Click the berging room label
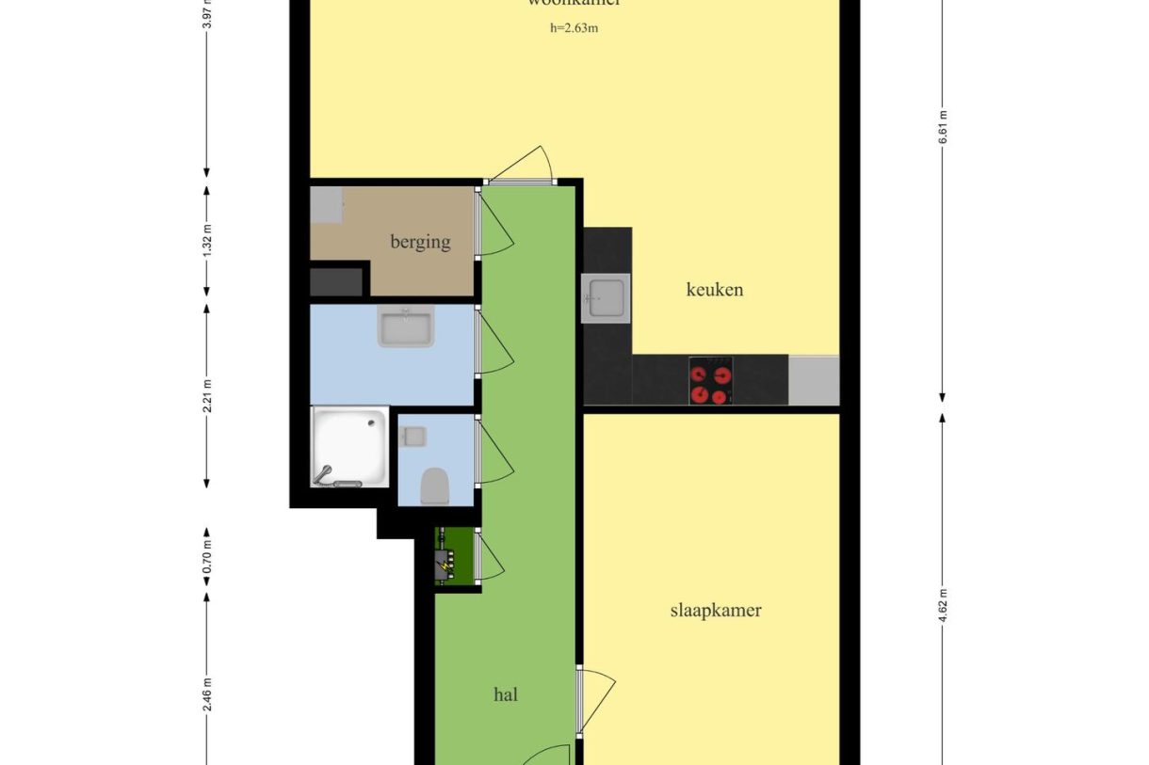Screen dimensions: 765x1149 point(420,242)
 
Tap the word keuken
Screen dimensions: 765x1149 point(715,290)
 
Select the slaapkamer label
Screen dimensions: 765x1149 point(716,610)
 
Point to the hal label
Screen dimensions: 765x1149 point(506,695)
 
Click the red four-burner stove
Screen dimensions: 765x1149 point(711,380)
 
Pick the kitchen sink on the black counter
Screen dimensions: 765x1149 point(606,298)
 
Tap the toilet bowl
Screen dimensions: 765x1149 point(434,486)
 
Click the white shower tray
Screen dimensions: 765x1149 point(349,447)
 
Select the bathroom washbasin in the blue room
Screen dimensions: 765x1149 point(407,327)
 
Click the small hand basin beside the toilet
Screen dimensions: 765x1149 point(413,437)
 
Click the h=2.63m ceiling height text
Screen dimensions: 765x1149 point(574,28)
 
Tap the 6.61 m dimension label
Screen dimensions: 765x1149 point(943,128)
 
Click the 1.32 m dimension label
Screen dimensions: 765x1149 point(207,240)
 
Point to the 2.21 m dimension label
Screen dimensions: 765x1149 point(207,395)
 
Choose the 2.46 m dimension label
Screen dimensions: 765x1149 point(207,694)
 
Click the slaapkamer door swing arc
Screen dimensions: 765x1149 point(600,701)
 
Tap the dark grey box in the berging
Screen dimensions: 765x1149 point(337,281)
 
